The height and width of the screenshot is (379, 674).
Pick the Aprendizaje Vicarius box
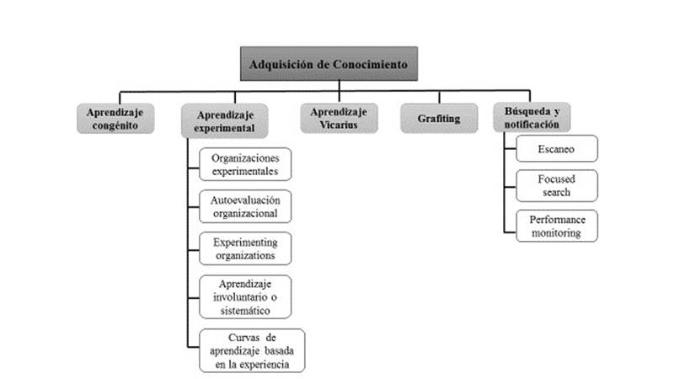pos(338,118)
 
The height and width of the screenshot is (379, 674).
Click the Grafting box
pos(438,119)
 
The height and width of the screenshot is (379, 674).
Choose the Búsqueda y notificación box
pos(531,118)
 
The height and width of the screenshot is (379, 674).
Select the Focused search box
pos(555,185)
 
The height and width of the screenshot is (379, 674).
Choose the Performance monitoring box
pos(555,226)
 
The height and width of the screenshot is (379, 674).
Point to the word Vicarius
pos(338,125)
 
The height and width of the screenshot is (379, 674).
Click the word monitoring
pos(555,232)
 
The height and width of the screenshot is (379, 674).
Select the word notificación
pos(531,125)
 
